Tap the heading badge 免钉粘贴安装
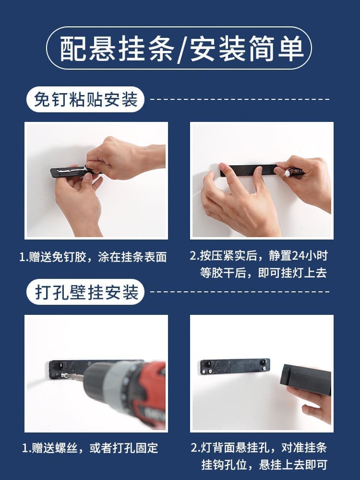pos(85,99)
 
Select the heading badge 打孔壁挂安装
pos(85,292)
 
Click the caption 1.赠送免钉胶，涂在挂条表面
pos(93,257)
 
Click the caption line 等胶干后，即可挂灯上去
pos(263,273)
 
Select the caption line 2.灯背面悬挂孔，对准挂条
pos(259,448)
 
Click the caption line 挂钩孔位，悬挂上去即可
pos(263,465)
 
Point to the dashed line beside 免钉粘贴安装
pos(240,99)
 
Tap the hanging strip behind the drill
pos(67,367)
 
